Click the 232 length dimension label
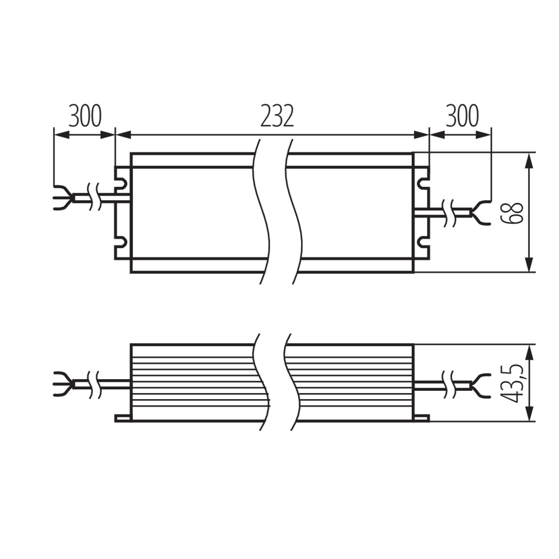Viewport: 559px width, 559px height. tap(277, 116)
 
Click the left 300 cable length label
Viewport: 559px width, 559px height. tap(85, 116)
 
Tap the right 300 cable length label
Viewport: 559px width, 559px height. tap(462, 116)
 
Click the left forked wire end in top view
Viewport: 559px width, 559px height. tap(64, 198)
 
